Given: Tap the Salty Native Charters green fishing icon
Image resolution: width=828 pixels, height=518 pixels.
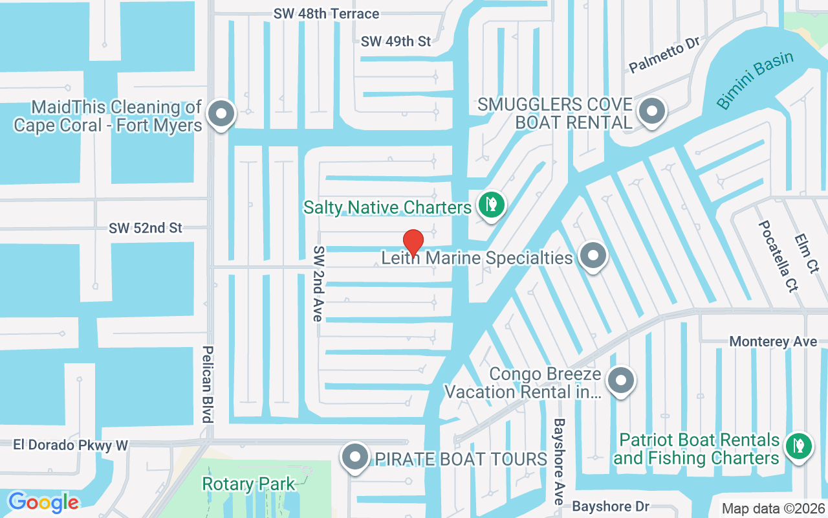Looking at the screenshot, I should pos(492,205).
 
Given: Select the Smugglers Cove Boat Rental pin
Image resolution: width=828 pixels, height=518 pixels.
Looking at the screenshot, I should pos(652,111).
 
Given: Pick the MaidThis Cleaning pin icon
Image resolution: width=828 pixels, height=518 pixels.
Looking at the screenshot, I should pos(222,114).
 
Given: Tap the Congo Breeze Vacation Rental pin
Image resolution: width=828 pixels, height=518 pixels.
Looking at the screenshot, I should pos(621,379).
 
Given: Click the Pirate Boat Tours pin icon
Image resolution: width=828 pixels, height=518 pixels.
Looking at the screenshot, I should pos(354,457).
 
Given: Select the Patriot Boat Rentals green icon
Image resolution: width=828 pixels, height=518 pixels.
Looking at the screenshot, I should pos(798,445).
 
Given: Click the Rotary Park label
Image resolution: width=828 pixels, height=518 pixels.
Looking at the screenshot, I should pos(248,484).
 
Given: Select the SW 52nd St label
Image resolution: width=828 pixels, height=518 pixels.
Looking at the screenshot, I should pos(146,228).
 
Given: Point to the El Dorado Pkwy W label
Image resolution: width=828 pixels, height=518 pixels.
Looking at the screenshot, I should pos(71,445).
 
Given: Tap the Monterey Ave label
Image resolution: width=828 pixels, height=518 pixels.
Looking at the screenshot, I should pos(773,341).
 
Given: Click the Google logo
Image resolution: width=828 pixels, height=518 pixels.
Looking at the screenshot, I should pos(43,502).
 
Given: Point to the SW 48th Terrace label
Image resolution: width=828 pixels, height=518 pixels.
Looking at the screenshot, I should pos(326,14).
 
